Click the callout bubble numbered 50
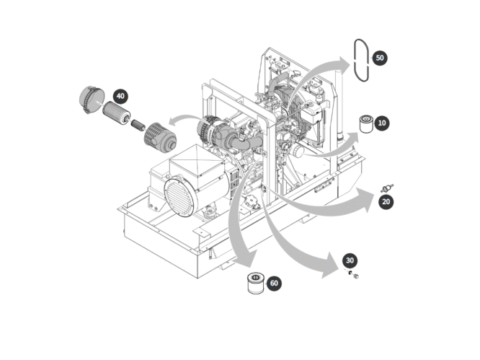point(380,58)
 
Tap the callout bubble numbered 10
point(382,123)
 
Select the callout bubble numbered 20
point(386,202)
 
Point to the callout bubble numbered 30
point(350,260)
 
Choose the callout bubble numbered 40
point(120,96)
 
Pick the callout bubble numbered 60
point(274,284)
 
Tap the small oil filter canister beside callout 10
point(366,124)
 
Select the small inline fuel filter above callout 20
point(387,188)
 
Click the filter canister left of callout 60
point(256,284)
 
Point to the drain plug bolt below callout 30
point(356,276)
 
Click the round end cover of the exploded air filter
point(91,100)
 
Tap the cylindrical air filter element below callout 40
point(117,113)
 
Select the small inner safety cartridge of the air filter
point(138,125)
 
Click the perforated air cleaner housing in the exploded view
point(160,138)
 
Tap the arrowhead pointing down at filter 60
point(246,258)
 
